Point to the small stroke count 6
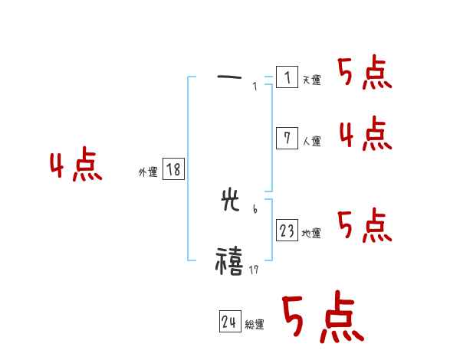(255, 208)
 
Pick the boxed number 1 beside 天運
(287, 77)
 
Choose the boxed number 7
(287, 138)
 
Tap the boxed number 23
(287, 230)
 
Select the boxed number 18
(173, 169)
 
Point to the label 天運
(311, 80)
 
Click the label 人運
(311, 141)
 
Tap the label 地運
(311, 233)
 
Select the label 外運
(148, 173)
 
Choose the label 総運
(255, 325)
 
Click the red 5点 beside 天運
(365, 74)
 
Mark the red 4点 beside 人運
(365, 135)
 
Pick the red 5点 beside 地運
(365, 227)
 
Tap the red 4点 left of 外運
(76, 166)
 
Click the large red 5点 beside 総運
(322, 319)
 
